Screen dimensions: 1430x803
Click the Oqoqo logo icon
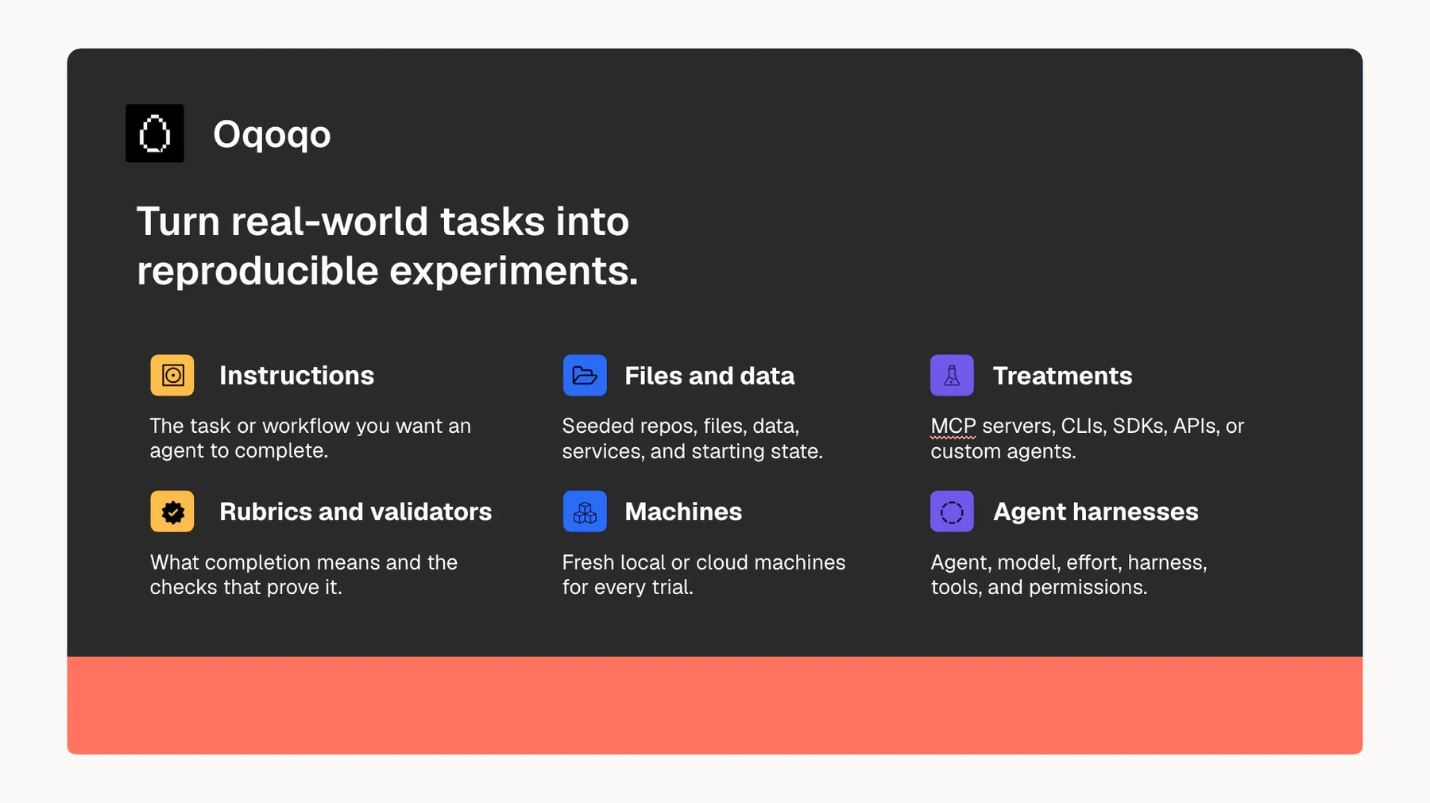click(155, 133)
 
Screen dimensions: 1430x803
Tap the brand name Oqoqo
click(272, 134)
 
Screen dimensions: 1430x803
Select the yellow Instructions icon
click(172, 375)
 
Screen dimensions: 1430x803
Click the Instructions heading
click(296, 376)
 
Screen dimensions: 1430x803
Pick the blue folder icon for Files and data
click(585, 375)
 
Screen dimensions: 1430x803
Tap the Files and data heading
click(709, 376)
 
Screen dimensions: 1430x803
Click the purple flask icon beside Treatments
click(952, 375)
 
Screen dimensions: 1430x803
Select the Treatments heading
click(1063, 376)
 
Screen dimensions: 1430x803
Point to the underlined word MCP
click(953, 427)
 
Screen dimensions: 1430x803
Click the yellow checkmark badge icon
click(172, 512)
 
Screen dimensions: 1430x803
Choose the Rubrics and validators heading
click(356, 512)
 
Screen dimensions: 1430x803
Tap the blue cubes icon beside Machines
click(585, 512)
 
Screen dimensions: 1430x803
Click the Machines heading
click(683, 512)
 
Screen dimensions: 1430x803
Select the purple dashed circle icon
click(952, 512)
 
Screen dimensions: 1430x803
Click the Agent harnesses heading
click(1096, 512)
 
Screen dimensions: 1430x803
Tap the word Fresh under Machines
click(588, 562)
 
